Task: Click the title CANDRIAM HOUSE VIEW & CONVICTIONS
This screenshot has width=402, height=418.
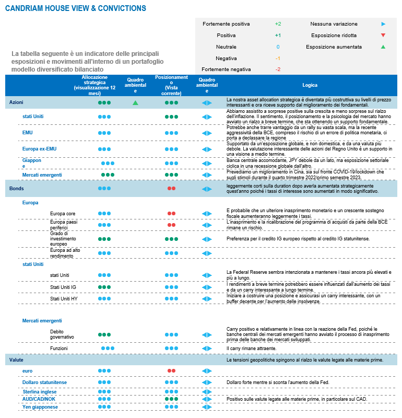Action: coord(75,8)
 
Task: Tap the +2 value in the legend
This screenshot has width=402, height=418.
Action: coord(278,24)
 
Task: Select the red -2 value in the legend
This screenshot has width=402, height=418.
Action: coord(278,69)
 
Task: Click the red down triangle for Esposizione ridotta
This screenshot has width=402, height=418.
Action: coord(383,36)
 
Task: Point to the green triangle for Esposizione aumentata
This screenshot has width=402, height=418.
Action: coord(383,47)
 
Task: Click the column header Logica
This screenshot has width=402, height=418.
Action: coord(310,85)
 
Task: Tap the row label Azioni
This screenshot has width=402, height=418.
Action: coord(16,103)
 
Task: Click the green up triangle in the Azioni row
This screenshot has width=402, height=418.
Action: coord(135,103)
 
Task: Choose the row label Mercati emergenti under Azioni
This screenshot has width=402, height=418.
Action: coord(42,175)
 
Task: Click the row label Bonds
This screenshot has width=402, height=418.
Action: coord(16,188)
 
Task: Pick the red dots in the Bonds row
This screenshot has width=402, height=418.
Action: coord(171,188)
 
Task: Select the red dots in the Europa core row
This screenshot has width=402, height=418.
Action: coord(171,214)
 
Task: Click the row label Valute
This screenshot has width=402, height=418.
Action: coord(16,360)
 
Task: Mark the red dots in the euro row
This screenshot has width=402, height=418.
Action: coord(171,370)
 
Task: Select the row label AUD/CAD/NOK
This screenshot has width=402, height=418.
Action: coord(40,399)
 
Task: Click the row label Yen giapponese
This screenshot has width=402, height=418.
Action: coord(40,407)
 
